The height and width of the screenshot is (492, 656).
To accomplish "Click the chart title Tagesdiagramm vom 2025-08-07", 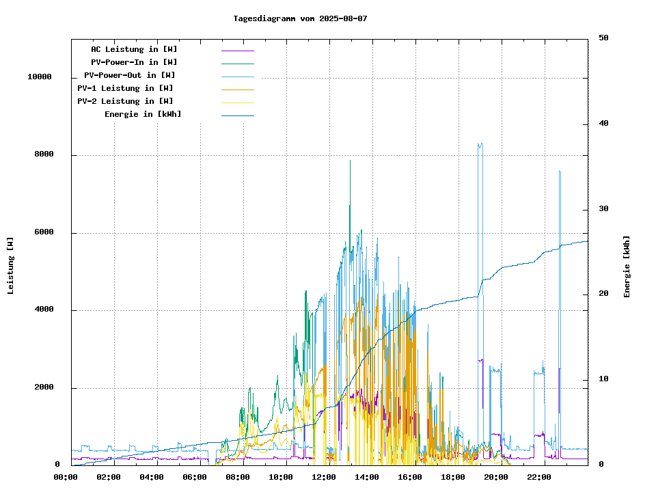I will pos(300,18).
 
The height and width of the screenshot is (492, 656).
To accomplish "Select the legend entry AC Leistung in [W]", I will pos(134,49).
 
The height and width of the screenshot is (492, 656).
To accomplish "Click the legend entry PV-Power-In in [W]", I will pos(134,62).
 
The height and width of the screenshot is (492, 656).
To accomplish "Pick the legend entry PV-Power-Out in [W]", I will pos(130,75).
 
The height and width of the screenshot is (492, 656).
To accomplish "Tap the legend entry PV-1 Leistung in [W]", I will pos(125,88).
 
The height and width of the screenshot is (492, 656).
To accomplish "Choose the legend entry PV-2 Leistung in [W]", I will pos(125,101).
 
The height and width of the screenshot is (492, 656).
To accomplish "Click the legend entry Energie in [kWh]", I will pos(143,114).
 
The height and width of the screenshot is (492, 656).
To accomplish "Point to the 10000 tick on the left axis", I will pos(40,77).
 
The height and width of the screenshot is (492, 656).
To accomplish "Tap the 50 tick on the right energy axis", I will pos(603,38).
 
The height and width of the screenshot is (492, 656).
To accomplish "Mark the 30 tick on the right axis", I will pos(603,209).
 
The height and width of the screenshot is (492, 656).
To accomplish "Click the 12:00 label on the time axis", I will pos(323,477).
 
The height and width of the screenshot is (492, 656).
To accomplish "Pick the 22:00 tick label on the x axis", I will pos(538,477).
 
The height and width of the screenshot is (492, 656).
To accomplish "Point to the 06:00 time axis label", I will pos(195,477).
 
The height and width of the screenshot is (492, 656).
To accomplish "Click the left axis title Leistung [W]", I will pos(11,265).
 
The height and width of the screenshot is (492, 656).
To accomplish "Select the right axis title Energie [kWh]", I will pos(627,266).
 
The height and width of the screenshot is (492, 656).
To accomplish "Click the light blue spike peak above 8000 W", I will pos(480,144).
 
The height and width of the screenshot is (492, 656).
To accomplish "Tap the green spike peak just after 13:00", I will pos(350,161).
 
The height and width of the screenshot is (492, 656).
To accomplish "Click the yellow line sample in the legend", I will pos(237,102).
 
